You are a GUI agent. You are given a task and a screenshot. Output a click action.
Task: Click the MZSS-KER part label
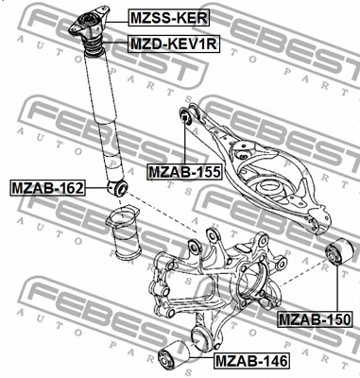pos(169,18)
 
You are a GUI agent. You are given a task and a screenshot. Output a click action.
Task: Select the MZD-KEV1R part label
pos(174,43)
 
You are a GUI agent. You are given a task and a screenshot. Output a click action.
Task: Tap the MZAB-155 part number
pos(184,172)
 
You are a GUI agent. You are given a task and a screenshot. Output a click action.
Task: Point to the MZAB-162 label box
pos(47,188)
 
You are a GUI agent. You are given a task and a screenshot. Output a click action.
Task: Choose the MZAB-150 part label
pos(315,319)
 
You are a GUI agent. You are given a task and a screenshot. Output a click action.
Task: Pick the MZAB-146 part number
pos(251,361)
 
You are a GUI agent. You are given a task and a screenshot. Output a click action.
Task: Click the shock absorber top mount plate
pos(89,22)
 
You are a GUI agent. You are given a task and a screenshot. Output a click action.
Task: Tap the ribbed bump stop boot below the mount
pos(93,47)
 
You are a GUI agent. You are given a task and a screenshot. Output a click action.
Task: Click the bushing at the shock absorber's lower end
pos(117,188)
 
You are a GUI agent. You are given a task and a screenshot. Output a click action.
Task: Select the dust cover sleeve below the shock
pos(123,233)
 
